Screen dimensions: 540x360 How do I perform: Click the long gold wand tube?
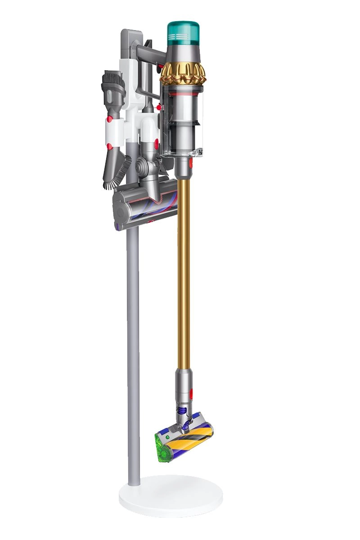point(183,270)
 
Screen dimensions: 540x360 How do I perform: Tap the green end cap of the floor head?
point(163,444)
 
